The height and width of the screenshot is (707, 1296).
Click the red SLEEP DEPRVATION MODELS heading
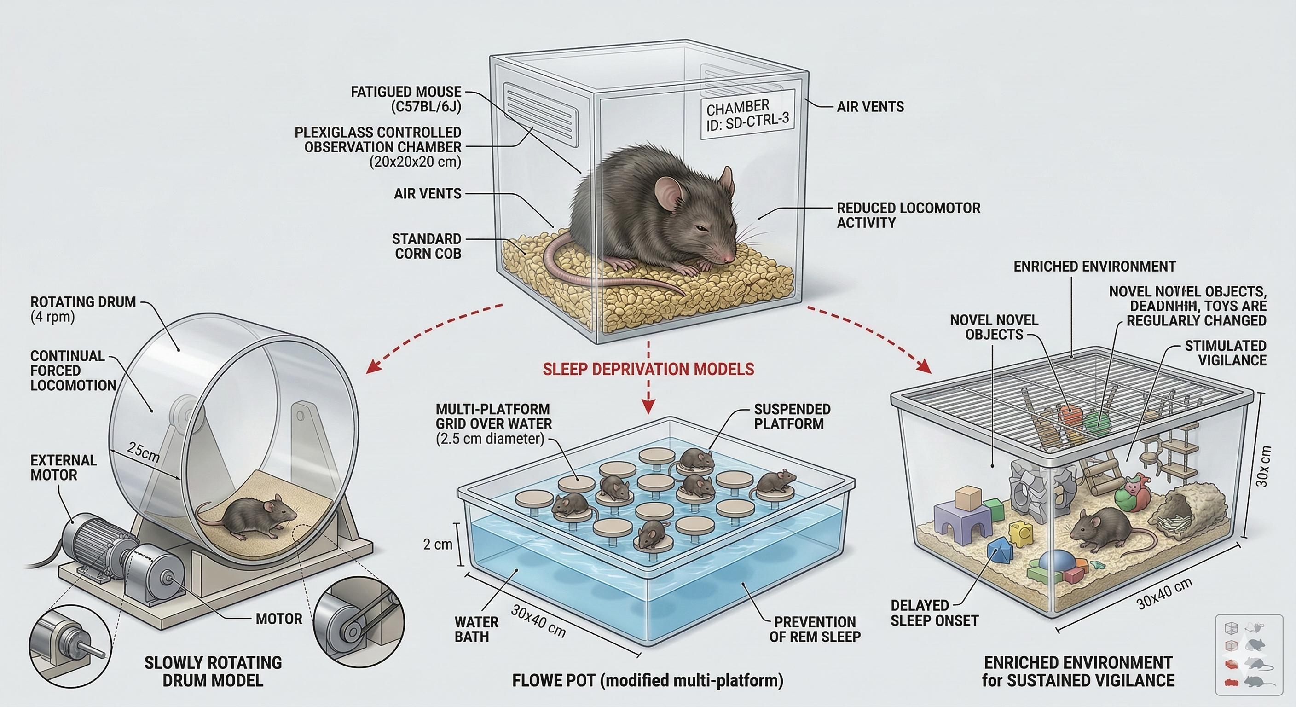tap(648, 369)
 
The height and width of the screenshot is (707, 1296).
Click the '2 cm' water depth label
tap(437, 544)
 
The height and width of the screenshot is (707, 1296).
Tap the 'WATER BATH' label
tap(476, 630)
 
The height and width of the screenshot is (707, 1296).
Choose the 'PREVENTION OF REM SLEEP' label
tap(815, 630)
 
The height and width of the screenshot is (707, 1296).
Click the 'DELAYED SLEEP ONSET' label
tap(934, 613)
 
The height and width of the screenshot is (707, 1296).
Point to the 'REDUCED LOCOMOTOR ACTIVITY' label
tap(908, 215)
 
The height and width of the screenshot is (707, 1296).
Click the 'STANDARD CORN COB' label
tap(427, 246)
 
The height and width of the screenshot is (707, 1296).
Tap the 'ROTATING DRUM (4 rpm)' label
tap(83, 309)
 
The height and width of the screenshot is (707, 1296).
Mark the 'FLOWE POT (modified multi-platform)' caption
tap(648, 681)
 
